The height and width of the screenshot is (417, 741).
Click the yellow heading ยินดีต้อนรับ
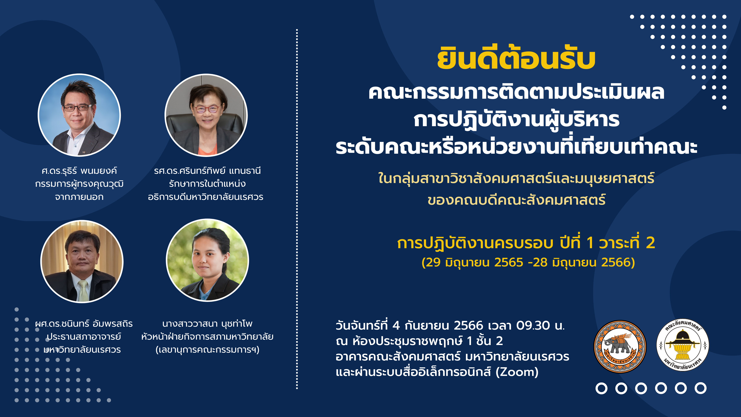[x=516, y=59]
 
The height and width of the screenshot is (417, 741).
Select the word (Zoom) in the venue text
[x=517, y=372]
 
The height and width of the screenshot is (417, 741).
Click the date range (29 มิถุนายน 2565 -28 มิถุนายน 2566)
[x=528, y=262]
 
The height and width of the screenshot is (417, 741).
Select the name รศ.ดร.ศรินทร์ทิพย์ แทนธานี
[x=207, y=171]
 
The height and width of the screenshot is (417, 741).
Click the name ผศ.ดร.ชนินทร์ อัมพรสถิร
[x=84, y=324]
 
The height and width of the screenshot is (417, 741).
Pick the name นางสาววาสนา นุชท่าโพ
[x=207, y=324]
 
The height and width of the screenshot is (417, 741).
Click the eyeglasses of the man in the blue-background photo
[x=78, y=108]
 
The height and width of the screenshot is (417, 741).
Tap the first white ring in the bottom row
[x=601, y=388]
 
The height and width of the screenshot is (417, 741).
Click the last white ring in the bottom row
[x=700, y=388]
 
